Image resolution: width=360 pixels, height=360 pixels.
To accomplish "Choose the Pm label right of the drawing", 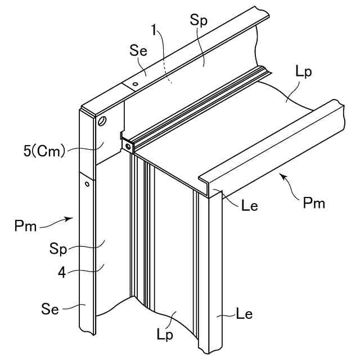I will click(313, 203).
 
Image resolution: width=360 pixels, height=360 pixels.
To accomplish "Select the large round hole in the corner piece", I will click(102, 120).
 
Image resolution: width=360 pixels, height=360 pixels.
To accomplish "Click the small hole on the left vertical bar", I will click(87, 183).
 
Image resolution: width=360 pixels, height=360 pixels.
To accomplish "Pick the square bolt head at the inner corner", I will click(129, 146).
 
